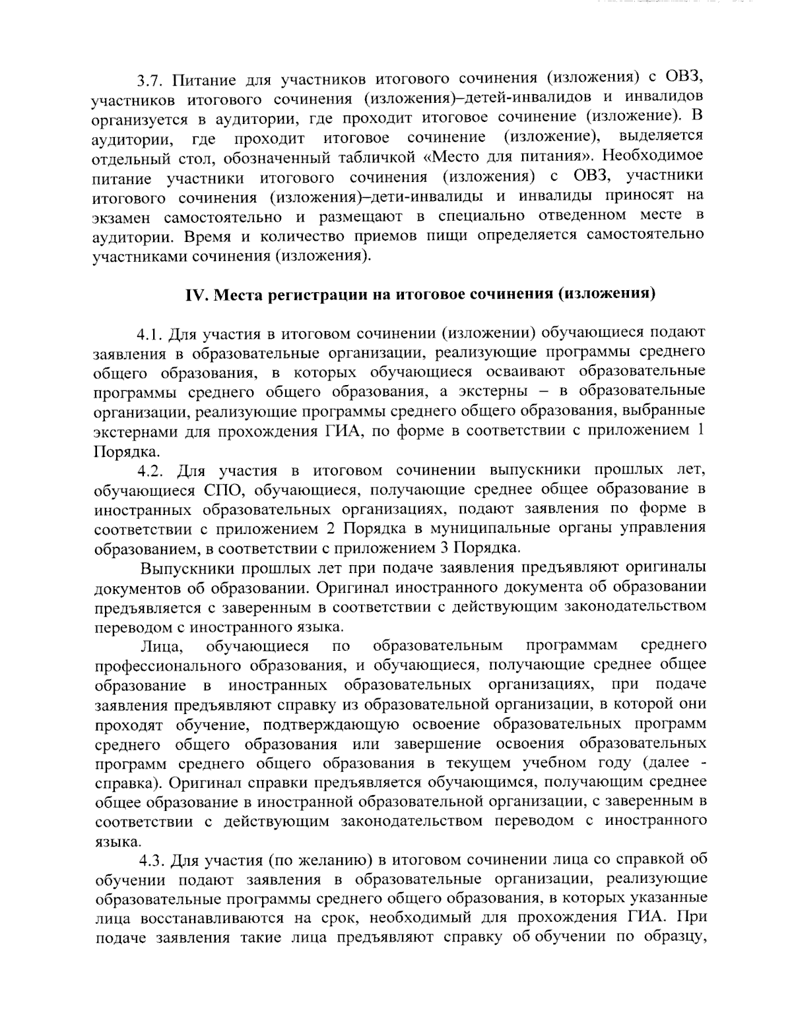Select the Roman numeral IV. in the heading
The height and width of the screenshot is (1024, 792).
(x=196, y=294)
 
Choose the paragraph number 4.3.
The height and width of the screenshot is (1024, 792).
(x=150, y=860)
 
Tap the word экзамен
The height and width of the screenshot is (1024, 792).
(x=122, y=217)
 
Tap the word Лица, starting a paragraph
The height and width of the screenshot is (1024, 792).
(x=156, y=645)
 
